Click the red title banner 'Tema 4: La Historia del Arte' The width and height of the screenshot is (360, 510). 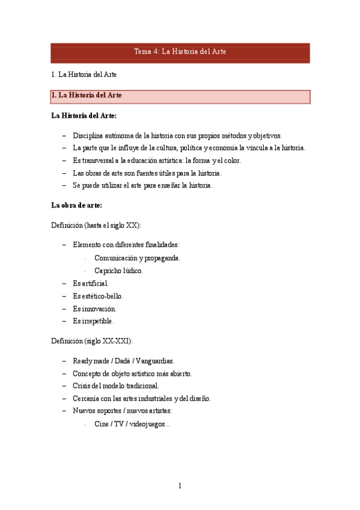[180, 52]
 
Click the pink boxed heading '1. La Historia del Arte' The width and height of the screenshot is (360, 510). [180, 96]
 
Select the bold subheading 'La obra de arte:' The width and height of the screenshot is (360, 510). [76, 205]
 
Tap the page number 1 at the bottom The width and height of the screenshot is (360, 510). [180, 486]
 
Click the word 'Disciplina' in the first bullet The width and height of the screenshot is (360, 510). [88, 135]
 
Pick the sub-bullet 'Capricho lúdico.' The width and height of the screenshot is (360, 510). [118, 271]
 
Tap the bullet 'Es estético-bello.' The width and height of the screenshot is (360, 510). [98, 296]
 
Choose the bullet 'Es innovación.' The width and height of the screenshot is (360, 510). [94, 309]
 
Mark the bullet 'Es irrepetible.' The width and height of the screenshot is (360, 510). [93, 321]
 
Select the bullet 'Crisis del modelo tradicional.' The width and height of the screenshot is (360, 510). [115, 386]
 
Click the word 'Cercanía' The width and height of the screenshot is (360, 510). [87, 398]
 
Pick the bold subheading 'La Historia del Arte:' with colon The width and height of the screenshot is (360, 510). [84, 115]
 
